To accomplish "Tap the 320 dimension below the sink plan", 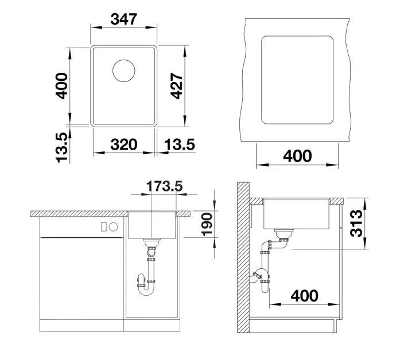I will tap(123, 144).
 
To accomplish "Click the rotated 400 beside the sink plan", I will tap(61, 86).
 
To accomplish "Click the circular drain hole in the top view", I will tap(124, 71).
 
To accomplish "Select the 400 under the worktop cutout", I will tap(297, 155).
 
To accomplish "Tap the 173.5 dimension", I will tap(164, 186).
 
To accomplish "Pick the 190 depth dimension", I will tap(206, 225).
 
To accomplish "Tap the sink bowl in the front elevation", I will tap(152, 226).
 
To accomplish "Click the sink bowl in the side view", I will tap(296, 214).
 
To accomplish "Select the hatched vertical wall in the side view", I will tap(243, 264).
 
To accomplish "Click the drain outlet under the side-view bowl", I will tap(283, 234).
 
